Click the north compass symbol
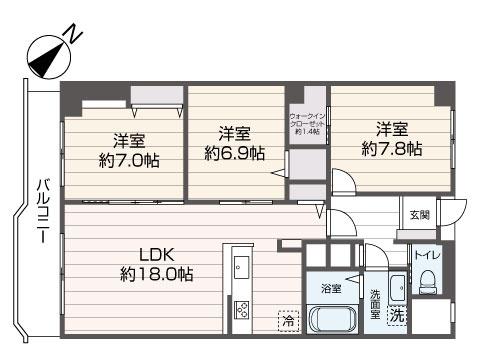44,59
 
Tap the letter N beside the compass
73,36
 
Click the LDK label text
157,253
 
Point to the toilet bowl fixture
425,283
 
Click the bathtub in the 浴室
332,322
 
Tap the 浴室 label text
331,288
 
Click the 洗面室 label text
374,300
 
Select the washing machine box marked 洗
397,314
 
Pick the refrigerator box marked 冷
288,322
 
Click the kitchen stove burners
241,310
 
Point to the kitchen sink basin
241,267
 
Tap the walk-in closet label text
308,123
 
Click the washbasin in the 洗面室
395,283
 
